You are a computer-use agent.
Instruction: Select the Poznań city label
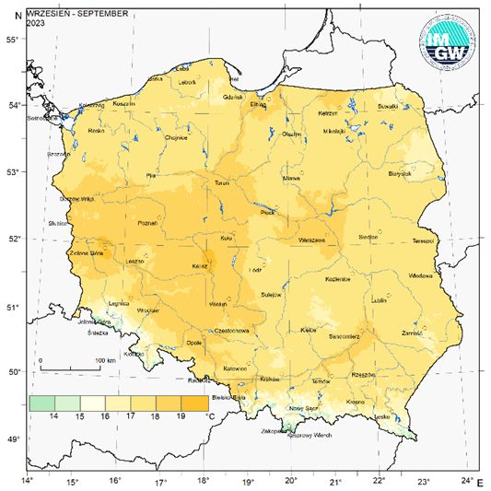click(146, 223)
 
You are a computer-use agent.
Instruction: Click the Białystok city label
click(399, 172)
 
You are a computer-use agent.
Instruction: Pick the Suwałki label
click(387, 106)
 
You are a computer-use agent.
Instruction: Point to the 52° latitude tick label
click(13, 239)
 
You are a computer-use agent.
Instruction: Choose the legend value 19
click(179, 417)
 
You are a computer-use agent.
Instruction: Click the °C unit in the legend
click(213, 417)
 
